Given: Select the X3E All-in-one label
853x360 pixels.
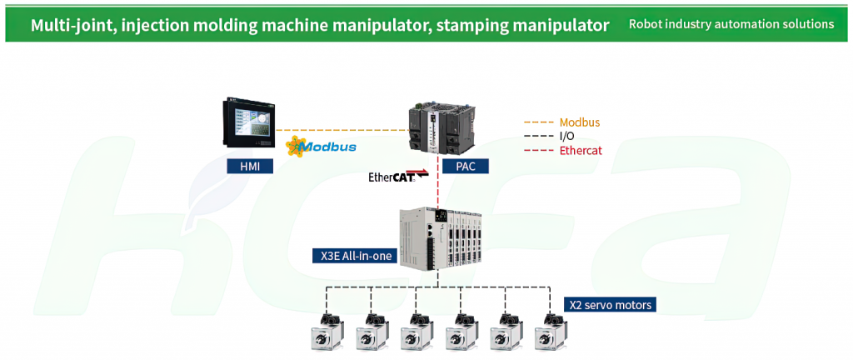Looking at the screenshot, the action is click(x=353, y=255).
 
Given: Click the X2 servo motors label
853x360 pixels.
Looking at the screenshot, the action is click(x=610, y=304).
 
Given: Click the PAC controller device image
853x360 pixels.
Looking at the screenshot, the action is click(x=441, y=127).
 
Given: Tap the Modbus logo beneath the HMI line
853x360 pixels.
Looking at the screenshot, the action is click(x=321, y=147).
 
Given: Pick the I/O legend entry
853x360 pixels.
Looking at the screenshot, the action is click(x=549, y=137).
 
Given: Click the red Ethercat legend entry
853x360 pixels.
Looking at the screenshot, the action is click(x=563, y=151).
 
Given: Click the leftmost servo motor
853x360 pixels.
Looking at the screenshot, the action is click(x=326, y=332).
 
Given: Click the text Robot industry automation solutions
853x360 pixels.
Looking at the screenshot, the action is click(x=731, y=24).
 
